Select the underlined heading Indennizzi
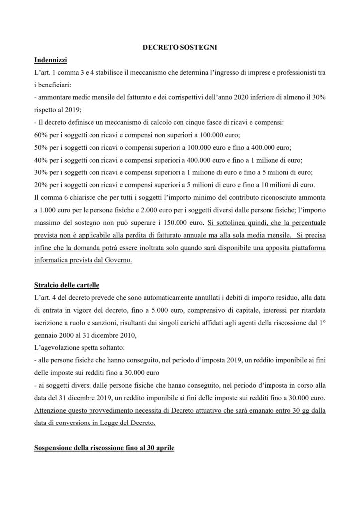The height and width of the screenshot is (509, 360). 51,60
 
